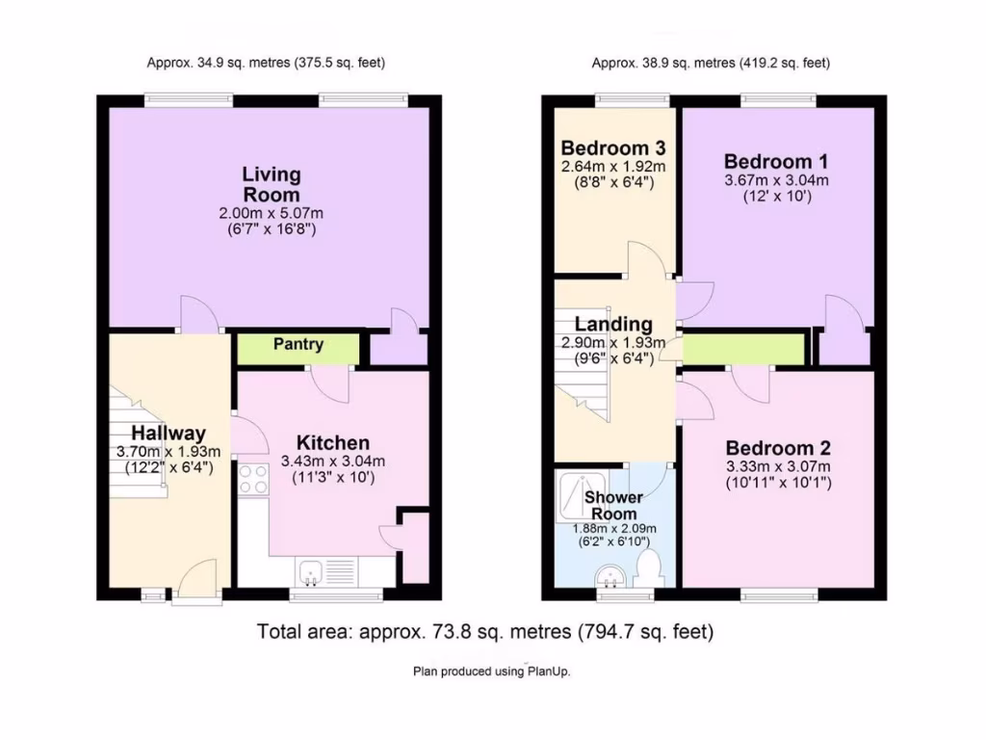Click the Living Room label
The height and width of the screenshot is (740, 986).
(x=271, y=184)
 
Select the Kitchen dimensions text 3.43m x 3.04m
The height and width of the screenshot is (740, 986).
(x=332, y=461)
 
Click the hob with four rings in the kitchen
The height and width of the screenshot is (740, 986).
(x=253, y=479)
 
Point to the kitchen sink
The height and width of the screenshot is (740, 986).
(x=310, y=570)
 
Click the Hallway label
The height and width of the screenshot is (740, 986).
(x=169, y=433)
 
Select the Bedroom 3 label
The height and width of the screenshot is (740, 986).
(x=614, y=148)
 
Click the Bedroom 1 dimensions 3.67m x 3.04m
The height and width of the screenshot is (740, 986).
(x=776, y=180)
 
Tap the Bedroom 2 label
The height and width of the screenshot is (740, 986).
(x=778, y=449)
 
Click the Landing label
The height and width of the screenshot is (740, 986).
(x=613, y=325)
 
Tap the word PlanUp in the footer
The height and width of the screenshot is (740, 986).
(x=547, y=672)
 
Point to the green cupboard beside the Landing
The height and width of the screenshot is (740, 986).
(x=743, y=349)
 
